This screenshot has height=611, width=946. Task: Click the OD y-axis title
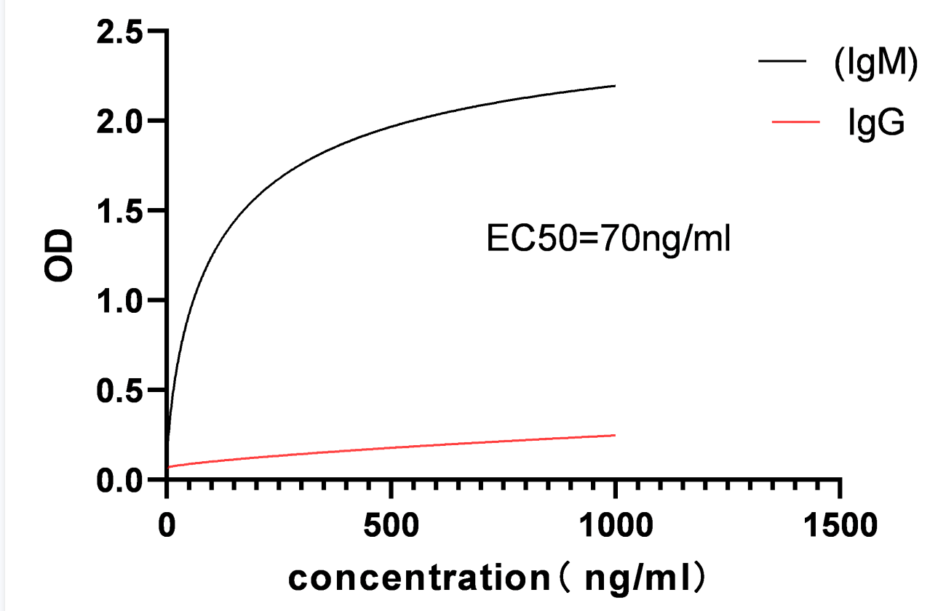click(x=60, y=256)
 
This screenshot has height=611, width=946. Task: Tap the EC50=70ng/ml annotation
click(x=608, y=239)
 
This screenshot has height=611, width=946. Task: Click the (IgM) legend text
click(x=874, y=64)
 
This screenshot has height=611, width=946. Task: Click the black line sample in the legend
click(x=782, y=62)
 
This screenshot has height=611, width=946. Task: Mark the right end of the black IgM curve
click(x=616, y=86)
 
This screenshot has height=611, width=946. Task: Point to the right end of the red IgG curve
click(x=616, y=435)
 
